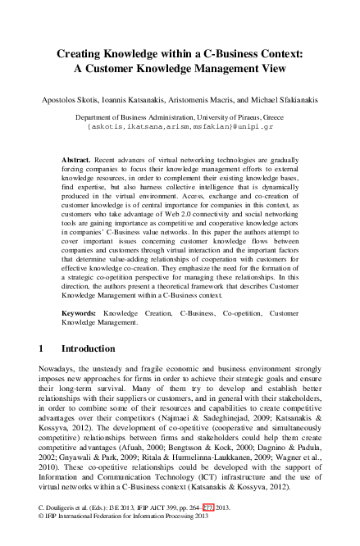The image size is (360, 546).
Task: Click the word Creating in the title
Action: click(x=82, y=53)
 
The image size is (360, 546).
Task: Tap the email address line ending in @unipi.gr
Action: click(x=180, y=128)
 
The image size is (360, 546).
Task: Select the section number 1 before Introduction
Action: click(x=42, y=348)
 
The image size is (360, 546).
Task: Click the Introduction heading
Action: click(x=89, y=348)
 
